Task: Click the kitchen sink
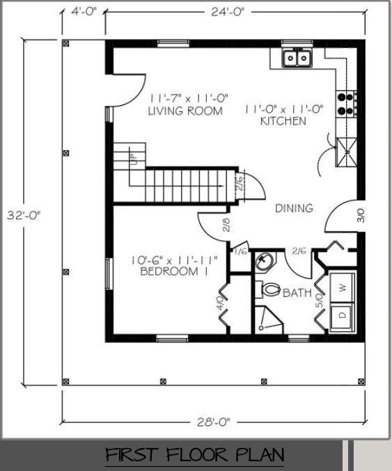(297, 57)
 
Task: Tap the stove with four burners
(346, 104)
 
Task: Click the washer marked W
(343, 287)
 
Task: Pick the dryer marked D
(342, 317)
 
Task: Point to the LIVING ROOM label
(185, 111)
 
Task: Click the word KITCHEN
(283, 121)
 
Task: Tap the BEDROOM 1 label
(174, 271)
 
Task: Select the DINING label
(294, 208)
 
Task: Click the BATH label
(297, 293)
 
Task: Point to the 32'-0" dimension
(24, 215)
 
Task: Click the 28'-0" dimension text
(214, 422)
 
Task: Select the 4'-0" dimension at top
(84, 11)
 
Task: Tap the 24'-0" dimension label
(228, 12)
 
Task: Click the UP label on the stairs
(134, 159)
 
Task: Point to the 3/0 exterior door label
(361, 216)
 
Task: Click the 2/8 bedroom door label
(227, 225)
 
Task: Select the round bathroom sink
(265, 261)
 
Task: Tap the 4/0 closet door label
(220, 303)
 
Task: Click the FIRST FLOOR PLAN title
(195, 455)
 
